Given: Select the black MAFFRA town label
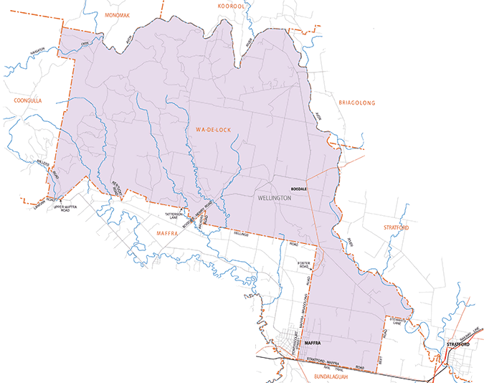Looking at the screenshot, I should (311, 344).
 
